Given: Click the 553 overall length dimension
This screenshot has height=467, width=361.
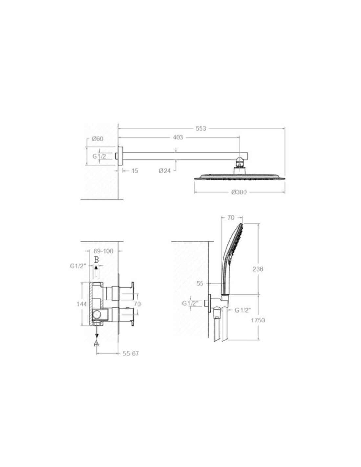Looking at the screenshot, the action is click(x=201, y=128).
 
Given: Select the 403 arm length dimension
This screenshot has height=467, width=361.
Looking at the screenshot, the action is click(x=178, y=137).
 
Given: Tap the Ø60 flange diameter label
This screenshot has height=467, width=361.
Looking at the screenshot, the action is click(x=97, y=139).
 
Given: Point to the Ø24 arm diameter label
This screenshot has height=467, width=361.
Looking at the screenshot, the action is click(x=164, y=171).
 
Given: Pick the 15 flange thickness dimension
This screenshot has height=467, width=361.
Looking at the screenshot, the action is click(x=135, y=171).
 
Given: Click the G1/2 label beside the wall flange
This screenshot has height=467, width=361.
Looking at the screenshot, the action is click(x=99, y=156).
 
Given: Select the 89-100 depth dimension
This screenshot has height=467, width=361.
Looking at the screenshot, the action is click(x=103, y=251).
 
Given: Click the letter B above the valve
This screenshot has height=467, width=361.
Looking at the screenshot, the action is click(x=96, y=260).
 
